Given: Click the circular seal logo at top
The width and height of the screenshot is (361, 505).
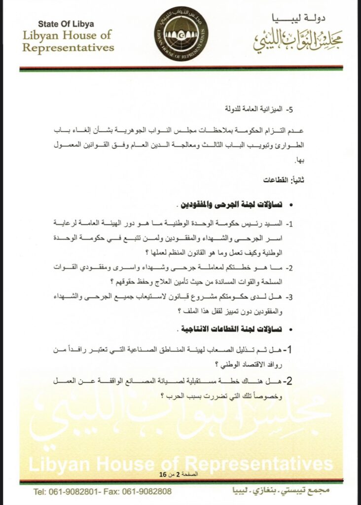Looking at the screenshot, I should (x=180, y=33).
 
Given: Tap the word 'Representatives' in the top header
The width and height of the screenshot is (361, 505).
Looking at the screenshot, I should (x=69, y=48).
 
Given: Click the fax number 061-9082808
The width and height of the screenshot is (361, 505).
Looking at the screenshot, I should (x=147, y=491).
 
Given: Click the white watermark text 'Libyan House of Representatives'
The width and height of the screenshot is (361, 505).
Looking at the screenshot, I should (x=180, y=464).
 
